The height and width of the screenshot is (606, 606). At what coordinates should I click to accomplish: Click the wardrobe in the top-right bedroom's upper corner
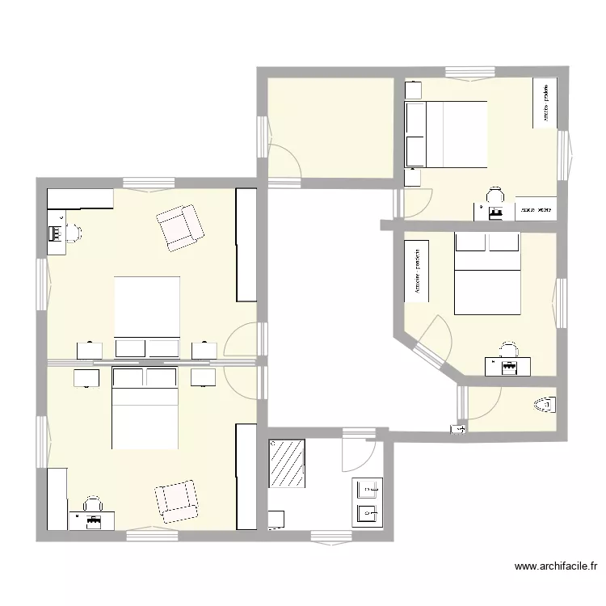pyautogui.click(x=545, y=103)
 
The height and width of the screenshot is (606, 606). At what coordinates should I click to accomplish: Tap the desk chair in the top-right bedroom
pyautogui.click(x=494, y=195)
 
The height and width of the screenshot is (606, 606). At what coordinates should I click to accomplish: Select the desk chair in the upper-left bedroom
pyautogui.click(x=73, y=233)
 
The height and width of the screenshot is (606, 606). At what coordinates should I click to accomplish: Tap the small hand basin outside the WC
pyautogui.click(x=457, y=430)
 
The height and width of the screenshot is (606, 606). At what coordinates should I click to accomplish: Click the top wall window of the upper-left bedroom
pyautogui.click(x=149, y=183)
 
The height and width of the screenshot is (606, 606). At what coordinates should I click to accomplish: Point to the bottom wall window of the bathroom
pyautogui.click(x=331, y=534)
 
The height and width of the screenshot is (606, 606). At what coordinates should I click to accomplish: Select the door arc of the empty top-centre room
pyautogui.click(x=284, y=160)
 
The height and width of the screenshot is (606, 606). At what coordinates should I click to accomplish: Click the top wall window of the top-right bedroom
pyautogui.click(x=470, y=73)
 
